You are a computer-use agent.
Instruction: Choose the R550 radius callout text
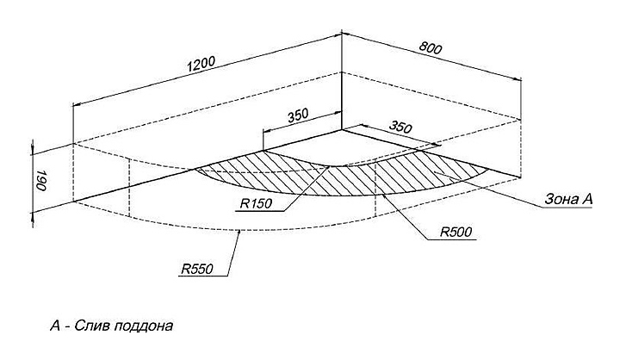pos(198,270)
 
